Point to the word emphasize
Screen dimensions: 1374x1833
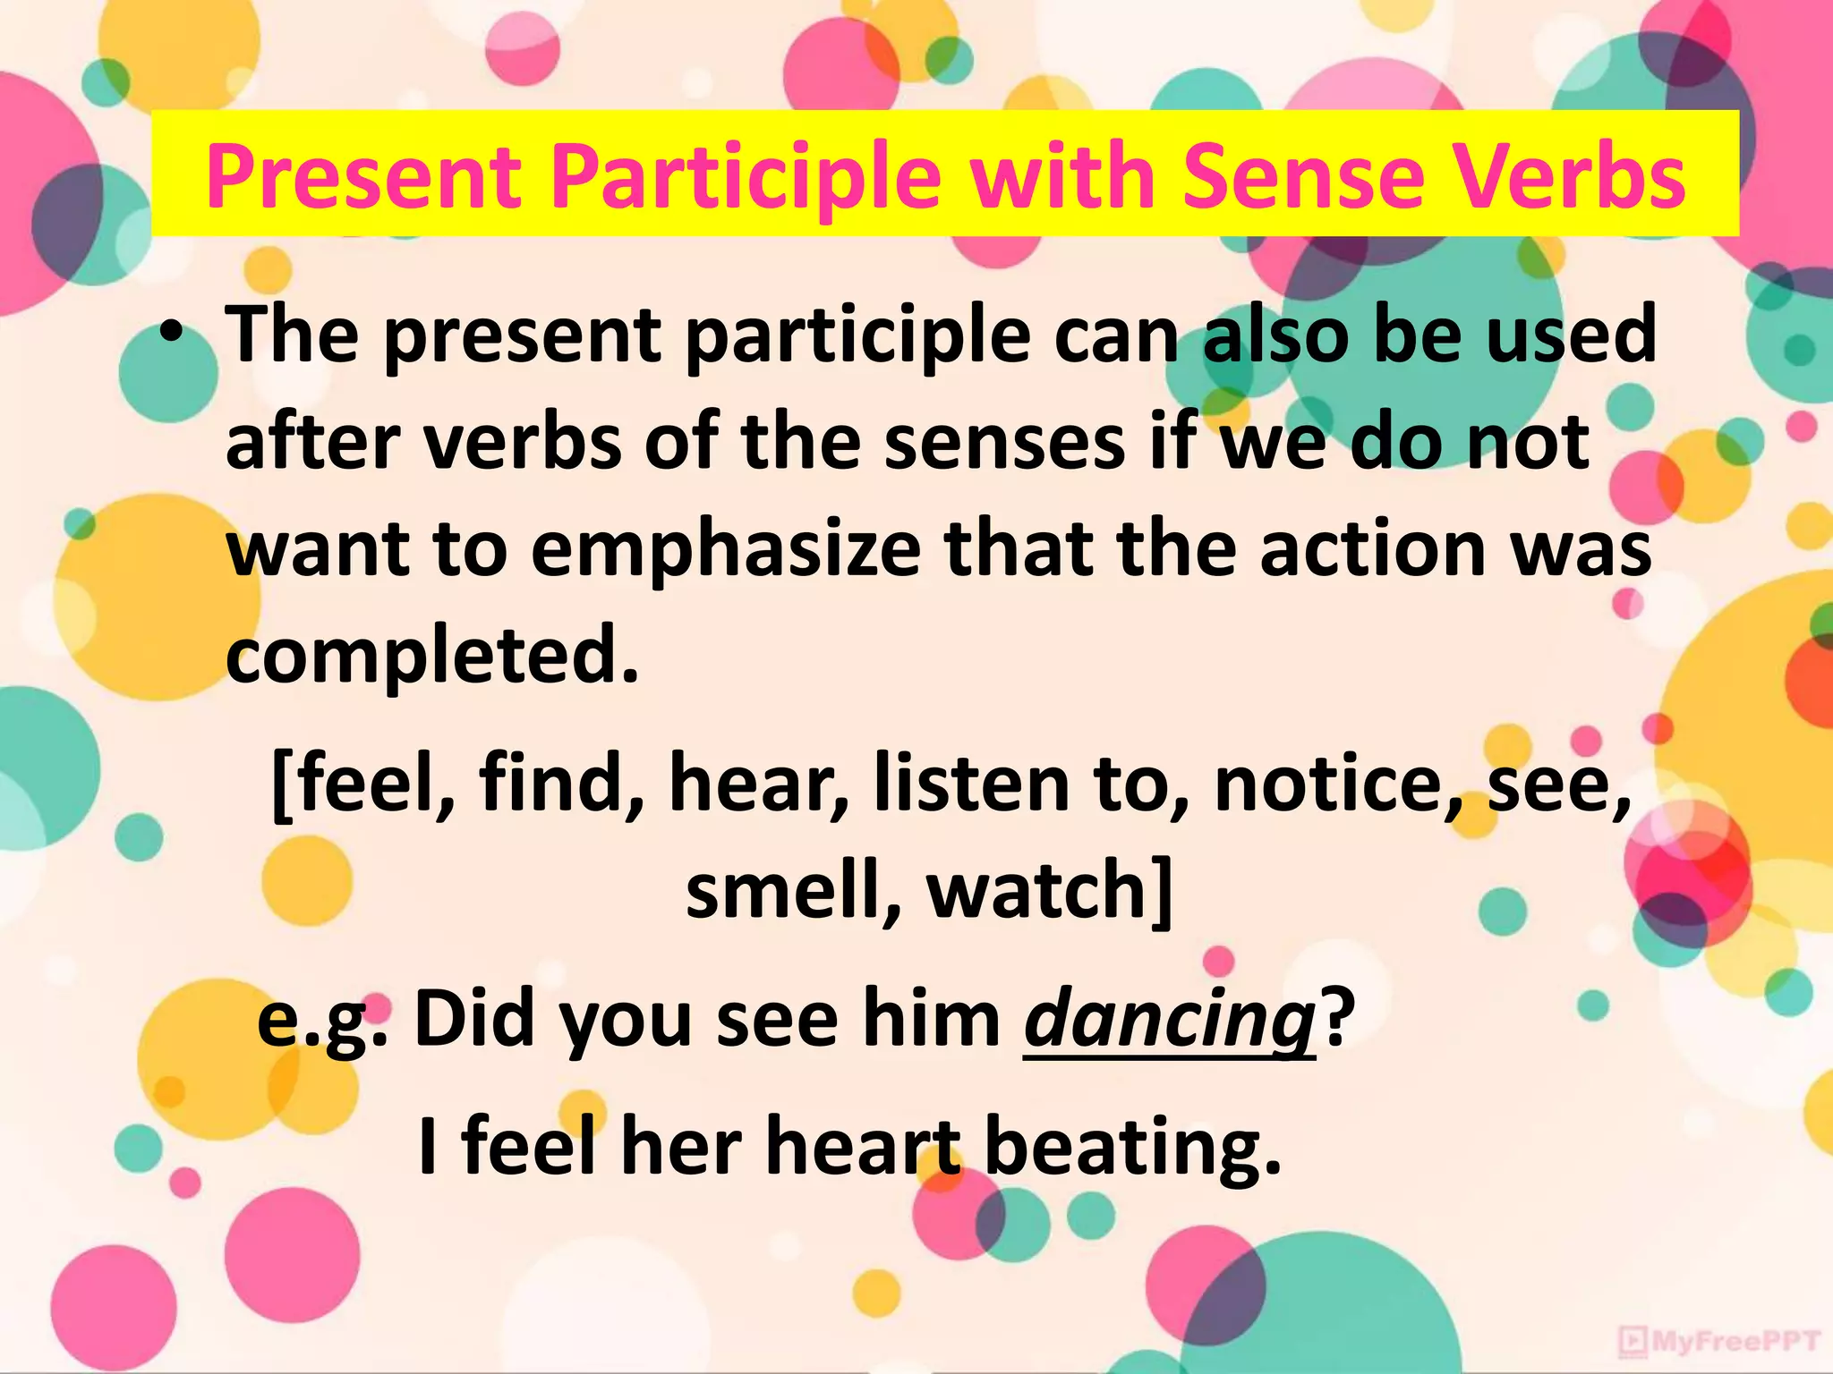point(725,549)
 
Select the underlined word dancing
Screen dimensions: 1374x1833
point(1169,1021)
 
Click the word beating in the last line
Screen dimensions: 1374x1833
point(1132,1149)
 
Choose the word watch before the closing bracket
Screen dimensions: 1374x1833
point(1035,891)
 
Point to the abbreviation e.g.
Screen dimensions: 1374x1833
point(322,1021)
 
